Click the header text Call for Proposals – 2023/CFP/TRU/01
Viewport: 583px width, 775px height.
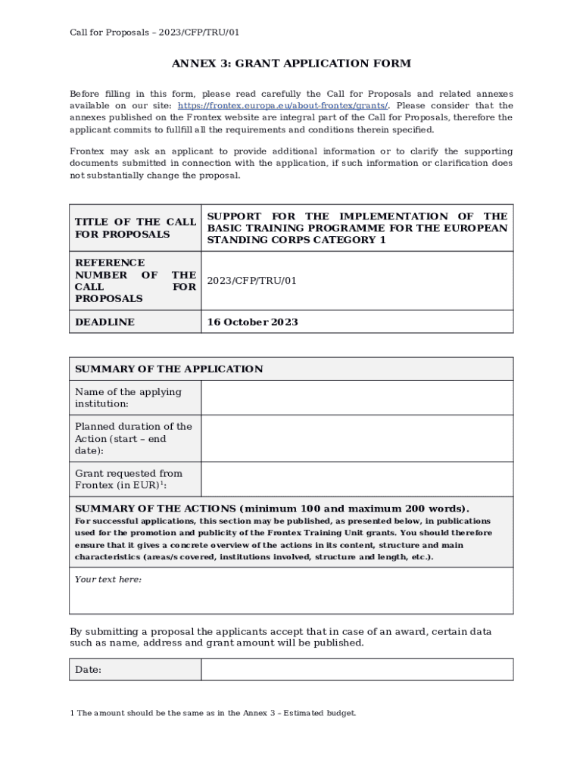(x=154, y=33)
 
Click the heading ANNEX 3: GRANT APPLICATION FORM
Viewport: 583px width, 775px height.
(x=291, y=64)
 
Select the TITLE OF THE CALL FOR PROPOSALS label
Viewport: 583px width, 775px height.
(x=135, y=228)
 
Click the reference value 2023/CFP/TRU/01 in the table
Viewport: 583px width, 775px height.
(x=252, y=281)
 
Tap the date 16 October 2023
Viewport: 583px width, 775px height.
(x=253, y=322)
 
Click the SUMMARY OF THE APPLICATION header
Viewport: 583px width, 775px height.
(x=169, y=369)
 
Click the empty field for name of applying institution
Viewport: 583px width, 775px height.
(x=357, y=397)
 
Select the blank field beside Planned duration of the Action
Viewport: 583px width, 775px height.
(x=357, y=438)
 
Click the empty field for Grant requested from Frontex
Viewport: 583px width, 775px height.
(x=357, y=479)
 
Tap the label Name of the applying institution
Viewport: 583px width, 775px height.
(x=129, y=398)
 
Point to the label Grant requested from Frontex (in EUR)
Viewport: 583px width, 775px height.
(x=129, y=479)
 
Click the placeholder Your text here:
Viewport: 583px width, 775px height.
(x=108, y=580)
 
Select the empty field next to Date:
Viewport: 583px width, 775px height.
(x=357, y=670)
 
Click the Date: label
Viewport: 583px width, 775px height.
(x=89, y=670)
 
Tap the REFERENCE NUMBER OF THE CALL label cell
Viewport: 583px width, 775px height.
(x=135, y=281)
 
